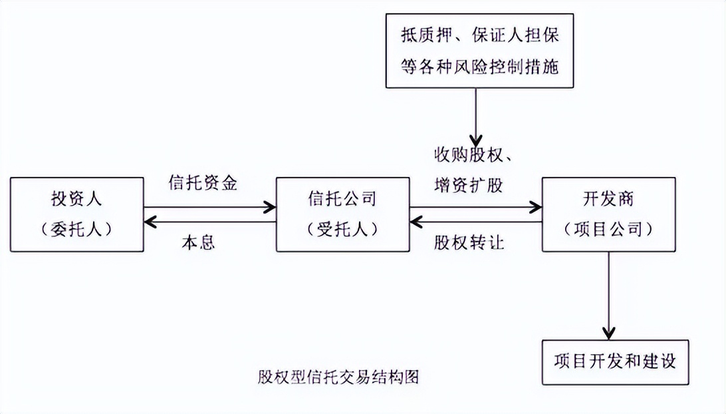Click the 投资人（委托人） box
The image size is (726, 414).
(77, 214)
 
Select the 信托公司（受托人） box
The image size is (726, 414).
(342, 214)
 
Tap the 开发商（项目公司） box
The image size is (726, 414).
(608, 214)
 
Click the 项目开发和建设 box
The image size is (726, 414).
(615, 362)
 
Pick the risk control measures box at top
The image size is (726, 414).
(480, 52)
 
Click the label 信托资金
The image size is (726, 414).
(203, 184)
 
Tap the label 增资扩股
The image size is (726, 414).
(468, 186)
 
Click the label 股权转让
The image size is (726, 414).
(469, 242)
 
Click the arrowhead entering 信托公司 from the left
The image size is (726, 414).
(270, 208)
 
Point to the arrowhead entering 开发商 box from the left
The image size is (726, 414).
(536, 208)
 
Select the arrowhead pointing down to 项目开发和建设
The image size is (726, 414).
(608, 332)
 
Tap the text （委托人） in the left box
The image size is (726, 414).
(77, 229)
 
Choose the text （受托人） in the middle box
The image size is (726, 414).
(342, 229)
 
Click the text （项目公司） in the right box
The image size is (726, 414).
(608, 229)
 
